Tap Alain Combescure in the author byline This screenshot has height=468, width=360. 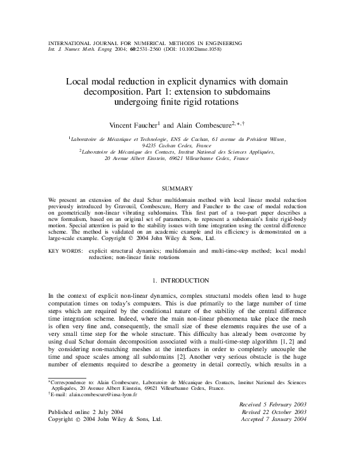pyautogui.click(x=204, y=125)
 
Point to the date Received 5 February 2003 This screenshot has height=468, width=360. pyautogui.click(x=272, y=404)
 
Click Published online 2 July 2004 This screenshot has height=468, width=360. pyautogui.click(x=90, y=412)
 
